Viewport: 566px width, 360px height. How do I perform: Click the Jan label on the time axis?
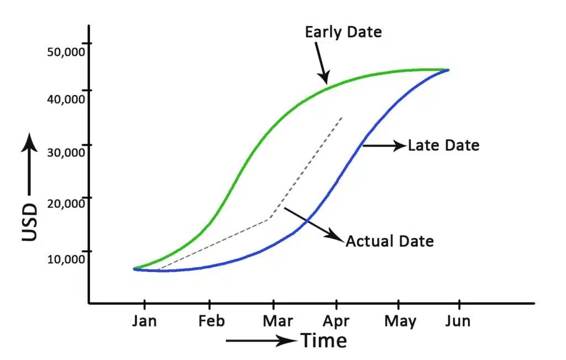point(145,321)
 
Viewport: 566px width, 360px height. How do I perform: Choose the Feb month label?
point(209,321)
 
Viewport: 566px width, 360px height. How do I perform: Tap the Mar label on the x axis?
point(273,321)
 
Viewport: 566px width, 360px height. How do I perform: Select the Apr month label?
point(336,321)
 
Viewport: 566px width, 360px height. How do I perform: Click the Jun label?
point(458,321)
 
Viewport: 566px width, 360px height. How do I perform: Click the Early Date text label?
point(343,32)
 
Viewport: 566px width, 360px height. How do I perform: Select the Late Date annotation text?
point(443,147)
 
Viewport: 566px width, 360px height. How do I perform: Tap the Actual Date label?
point(389,242)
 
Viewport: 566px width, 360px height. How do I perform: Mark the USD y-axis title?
point(30,222)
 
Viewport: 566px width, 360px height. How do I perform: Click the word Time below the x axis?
point(324,341)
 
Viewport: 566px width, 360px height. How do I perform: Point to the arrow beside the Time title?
point(261,341)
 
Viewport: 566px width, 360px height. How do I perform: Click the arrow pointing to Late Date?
point(384,146)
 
